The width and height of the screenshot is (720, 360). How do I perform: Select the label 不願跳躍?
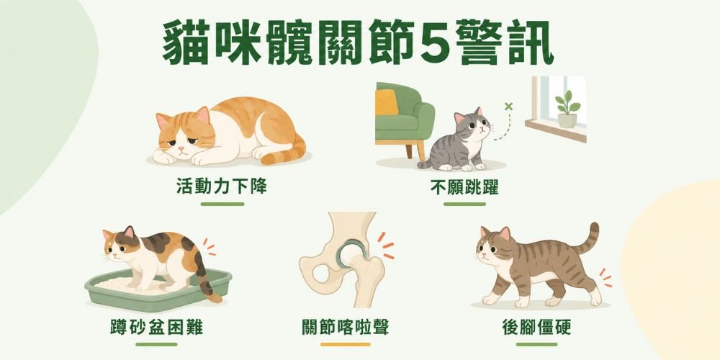point(464,187)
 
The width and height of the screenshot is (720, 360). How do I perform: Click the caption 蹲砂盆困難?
point(156,328)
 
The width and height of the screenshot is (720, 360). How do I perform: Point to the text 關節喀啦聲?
point(346,328)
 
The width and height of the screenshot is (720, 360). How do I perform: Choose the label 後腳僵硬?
point(537,328)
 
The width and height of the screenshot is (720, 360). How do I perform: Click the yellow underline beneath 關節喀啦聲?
point(346,344)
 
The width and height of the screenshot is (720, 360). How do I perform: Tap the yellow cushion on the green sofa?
point(387,102)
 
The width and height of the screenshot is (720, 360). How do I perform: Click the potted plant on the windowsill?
point(567,109)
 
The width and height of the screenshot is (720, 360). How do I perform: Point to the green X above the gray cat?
point(508,107)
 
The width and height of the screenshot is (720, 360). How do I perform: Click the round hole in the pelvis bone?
point(320,274)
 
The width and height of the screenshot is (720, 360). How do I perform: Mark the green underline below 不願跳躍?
point(464,204)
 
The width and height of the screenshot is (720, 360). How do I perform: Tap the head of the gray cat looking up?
point(472,123)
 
